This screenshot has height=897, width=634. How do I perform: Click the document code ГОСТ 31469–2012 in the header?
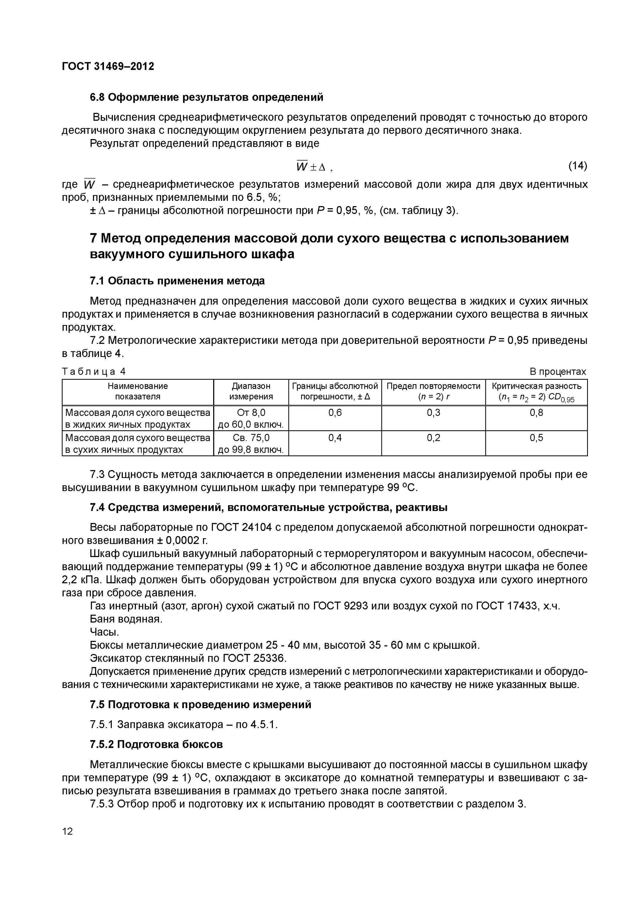point(108,66)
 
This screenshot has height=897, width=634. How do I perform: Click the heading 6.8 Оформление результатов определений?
point(206,97)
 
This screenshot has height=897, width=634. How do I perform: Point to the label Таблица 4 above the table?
point(94,371)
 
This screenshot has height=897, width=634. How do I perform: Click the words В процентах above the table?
point(557,371)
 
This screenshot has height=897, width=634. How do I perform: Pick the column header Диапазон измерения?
point(251,391)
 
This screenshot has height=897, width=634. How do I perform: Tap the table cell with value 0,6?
point(335,413)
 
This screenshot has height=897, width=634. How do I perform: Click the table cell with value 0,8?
point(536,413)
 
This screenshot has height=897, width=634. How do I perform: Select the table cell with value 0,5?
point(536,437)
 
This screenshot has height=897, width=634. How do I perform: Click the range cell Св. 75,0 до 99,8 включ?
point(251,443)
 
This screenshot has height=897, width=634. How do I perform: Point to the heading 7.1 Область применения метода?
point(177,280)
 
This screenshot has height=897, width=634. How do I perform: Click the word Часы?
point(104,632)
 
